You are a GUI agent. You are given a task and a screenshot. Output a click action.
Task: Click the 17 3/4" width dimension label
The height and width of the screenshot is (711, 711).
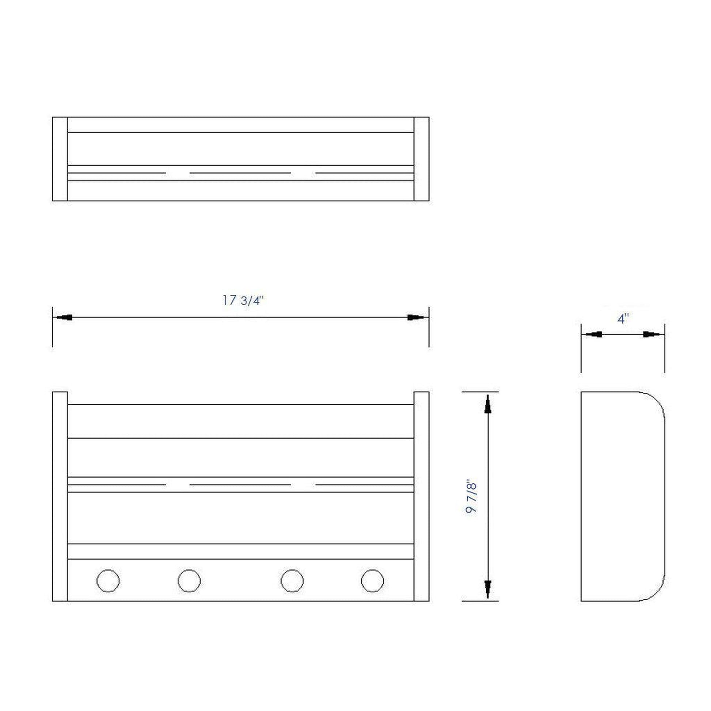point(243,301)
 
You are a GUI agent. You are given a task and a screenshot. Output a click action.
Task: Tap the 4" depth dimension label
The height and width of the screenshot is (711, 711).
point(623,319)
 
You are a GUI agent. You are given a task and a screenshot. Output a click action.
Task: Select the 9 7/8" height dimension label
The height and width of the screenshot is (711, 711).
point(471,497)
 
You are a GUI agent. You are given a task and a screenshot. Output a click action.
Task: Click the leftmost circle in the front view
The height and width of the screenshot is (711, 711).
point(108,581)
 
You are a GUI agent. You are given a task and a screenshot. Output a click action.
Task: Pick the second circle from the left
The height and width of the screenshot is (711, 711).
point(189,581)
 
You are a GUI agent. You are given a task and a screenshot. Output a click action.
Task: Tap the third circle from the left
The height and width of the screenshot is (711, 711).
point(292,581)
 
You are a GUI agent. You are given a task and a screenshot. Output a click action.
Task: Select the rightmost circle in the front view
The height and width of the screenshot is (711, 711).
point(372,581)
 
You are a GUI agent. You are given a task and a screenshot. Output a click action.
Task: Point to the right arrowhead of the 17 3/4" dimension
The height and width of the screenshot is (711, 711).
point(418,317)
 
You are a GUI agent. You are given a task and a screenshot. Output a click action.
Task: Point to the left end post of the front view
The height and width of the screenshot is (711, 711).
point(60,497)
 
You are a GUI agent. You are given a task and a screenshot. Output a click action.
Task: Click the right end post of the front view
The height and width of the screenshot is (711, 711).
point(421,497)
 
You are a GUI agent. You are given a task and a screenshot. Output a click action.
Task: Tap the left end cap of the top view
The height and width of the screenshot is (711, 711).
point(60,159)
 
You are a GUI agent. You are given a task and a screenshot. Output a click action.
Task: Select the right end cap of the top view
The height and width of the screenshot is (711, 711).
point(421,159)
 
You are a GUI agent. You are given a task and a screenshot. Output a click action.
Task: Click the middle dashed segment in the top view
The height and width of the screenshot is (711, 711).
point(240,172)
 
